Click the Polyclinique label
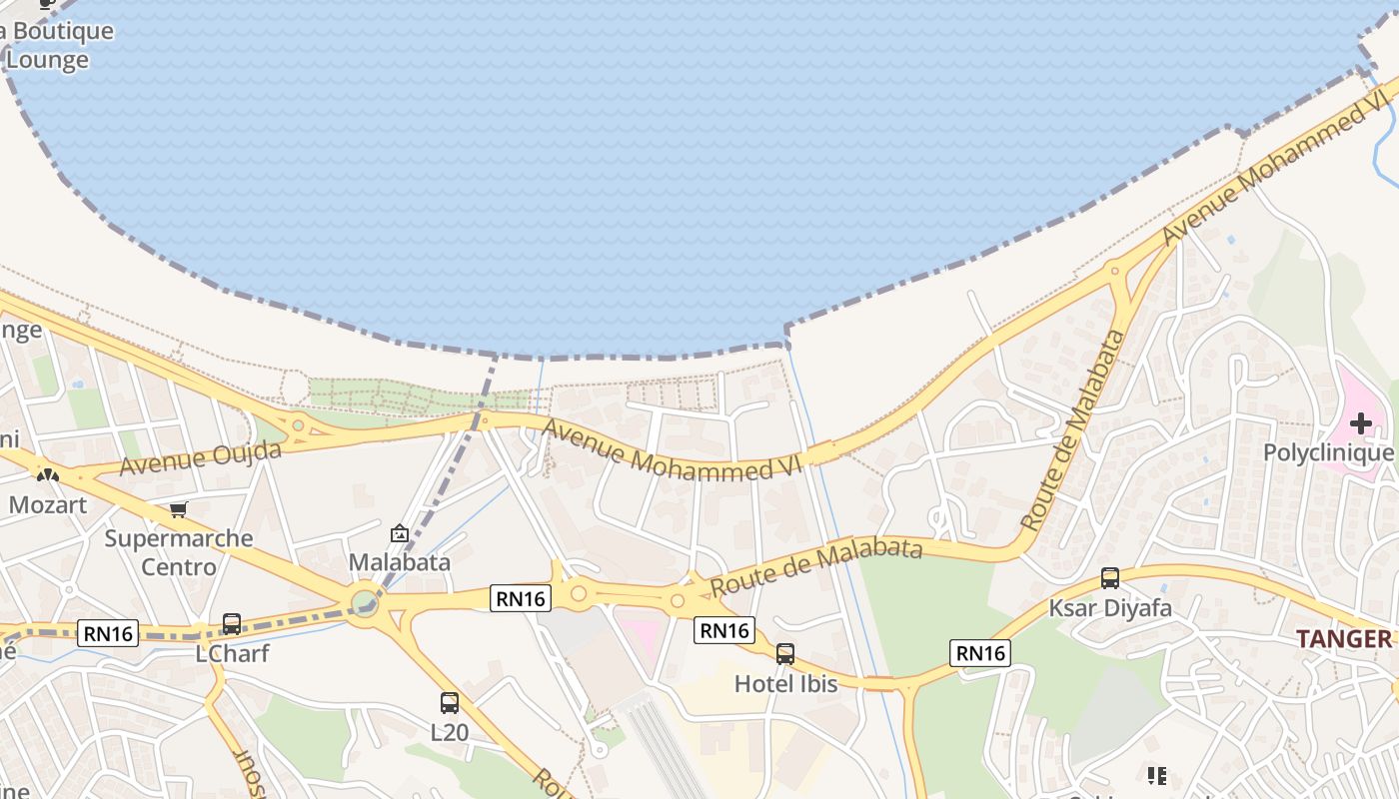(x=1328, y=452)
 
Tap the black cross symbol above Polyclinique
(x=1360, y=423)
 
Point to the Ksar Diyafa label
(x=1110, y=607)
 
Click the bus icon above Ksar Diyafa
(x=1110, y=578)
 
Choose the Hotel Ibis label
(x=785, y=684)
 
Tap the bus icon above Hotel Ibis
(x=785, y=654)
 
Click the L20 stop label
(x=450, y=732)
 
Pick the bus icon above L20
(x=450, y=703)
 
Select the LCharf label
(x=232, y=654)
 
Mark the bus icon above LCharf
(x=232, y=624)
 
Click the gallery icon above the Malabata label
(x=400, y=533)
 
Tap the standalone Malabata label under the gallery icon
(x=400, y=562)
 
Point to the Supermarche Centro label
(x=179, y=552)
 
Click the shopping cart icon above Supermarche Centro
(x=179, y=510)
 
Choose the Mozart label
(x=48, y=504)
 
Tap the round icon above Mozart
(x=48, y=474)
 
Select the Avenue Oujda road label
(x=200, y=458)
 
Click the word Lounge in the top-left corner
(x=48, y=60)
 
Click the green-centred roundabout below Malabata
(x=365, y=603)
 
